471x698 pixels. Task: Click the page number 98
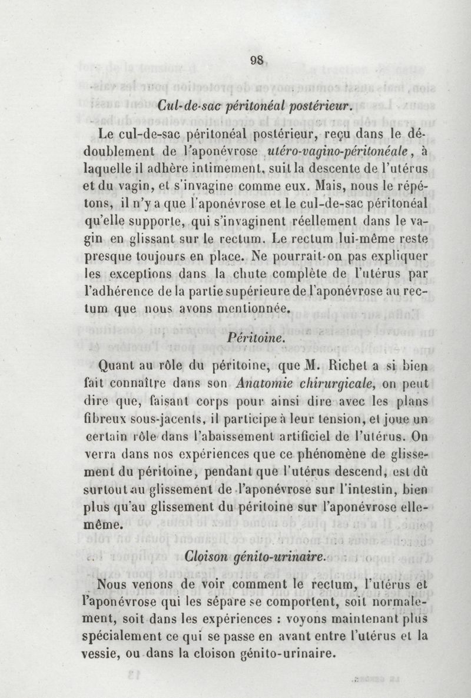tap(256, 60)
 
